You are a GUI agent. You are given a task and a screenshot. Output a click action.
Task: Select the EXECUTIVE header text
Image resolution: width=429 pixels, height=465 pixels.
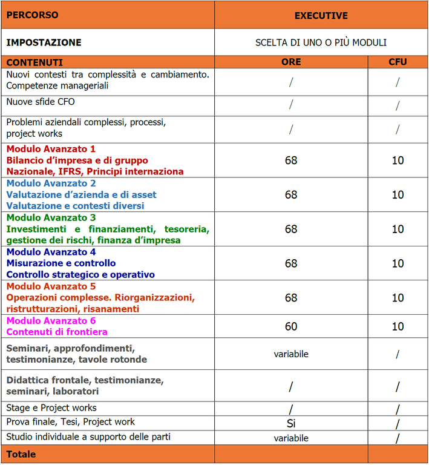(x=321, y=16)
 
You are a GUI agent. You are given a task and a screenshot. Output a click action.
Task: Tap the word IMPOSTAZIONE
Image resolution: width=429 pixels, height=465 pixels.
(x=44, y=43)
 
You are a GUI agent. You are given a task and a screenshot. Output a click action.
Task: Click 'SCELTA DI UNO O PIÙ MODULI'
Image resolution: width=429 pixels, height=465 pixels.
(x=321, y=43)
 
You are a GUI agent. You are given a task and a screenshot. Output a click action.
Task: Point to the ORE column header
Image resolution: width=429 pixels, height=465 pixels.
(x=290, y=62)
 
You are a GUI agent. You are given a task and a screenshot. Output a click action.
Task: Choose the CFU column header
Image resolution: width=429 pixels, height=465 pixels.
(x=397, y=62)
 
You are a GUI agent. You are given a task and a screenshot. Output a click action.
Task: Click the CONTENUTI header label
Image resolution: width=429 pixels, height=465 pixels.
(x=34, y=62)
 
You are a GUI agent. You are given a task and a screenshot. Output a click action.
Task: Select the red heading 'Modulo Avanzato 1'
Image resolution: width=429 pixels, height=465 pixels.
(x=51, y=149)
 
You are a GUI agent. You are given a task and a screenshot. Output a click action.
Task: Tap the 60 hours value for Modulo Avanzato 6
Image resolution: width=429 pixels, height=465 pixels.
(x=291, y=326)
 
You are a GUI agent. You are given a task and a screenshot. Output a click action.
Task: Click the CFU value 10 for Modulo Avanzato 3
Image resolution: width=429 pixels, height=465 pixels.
(x=398, y=229)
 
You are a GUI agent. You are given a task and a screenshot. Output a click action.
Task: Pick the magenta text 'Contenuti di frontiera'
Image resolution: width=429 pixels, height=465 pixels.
(x=57, y=332)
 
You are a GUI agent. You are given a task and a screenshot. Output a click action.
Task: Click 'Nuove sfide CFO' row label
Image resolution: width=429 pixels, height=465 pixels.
(x=41, y=102)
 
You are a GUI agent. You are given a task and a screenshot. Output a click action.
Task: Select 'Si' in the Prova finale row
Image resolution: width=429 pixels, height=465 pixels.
(x=291, y=423)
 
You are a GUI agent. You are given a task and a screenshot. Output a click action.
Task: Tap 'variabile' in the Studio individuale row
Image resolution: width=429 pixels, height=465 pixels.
(x=291, y=438)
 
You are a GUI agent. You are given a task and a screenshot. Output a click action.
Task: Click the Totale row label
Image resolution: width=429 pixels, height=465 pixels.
(x=21, y=454)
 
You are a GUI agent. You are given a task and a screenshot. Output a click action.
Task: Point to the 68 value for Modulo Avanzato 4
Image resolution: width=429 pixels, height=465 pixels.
(x=291, y=264)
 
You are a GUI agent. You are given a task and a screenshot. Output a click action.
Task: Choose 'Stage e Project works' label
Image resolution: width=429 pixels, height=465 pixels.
(x=51, y=408)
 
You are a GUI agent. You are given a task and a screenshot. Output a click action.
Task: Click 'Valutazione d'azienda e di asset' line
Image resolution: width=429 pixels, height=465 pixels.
(x=81, y=195)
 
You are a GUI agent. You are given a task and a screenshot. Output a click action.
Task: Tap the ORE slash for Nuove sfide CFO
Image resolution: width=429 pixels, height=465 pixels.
(x=291, y=105)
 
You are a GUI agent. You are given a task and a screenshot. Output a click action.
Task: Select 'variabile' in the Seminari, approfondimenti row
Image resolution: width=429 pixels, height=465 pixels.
(x=291, y=354)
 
